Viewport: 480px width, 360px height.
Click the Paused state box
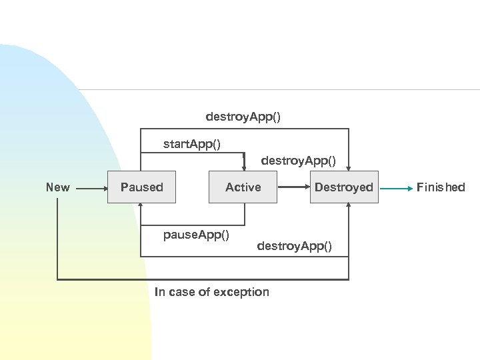click(141, 187)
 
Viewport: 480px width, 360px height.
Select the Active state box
click(243, 187)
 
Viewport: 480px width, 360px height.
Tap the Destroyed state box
click(344, 187)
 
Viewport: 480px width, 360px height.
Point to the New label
click(57, 187)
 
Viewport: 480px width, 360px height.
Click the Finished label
click(441, 187)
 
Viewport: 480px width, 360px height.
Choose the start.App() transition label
click(193, 143)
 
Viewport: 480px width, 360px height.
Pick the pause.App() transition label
click(197, 235)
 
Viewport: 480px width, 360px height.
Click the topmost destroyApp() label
click(243, 117)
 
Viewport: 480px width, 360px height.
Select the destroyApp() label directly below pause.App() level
click(294, 247)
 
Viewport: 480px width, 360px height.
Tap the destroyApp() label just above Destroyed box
click(298, 161)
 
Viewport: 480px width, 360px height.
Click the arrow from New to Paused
click(92, 189)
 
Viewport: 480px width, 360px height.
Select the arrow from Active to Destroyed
click(293, 188)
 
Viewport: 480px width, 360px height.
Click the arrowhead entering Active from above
click(244, 167)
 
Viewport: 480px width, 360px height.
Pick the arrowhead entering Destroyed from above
click(349, 168)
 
